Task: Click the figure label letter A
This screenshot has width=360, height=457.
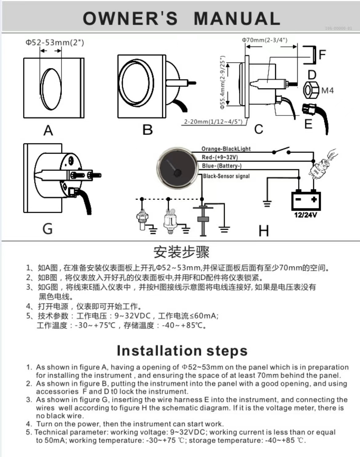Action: click(x=48, y=131)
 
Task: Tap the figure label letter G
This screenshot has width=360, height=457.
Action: click(x=47, y=229)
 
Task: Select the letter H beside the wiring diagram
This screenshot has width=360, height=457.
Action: click(x=263, y=231)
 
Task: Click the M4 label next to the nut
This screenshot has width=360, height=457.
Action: click(x=327, y=91)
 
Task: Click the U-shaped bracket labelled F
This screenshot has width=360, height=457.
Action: click(x=311, y=55)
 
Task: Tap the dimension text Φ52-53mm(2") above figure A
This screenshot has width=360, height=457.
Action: click(x=54, y=42)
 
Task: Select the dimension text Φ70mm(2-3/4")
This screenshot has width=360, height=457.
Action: click(x=264, y=40)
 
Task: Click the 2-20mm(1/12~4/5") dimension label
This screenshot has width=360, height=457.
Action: click(x=213, y=122)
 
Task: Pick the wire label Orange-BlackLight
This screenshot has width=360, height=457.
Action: click(x=226, y=149)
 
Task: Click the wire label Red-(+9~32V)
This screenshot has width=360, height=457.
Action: click(x=220, y=157)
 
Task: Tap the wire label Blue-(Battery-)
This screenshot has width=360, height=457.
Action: click(x=222, y=166)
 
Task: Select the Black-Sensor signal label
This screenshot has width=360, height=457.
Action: click(x=226, y=176)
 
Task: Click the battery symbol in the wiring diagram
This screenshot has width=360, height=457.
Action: click(x=306, y=200)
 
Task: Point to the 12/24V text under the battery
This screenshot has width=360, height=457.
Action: click(x=306, y=215)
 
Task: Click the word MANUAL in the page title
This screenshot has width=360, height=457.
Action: click(x=237, y=18)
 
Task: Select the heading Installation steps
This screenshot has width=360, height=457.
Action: click(x=182, y=351)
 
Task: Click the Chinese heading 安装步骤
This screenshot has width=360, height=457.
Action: click(x=182, y=252)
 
